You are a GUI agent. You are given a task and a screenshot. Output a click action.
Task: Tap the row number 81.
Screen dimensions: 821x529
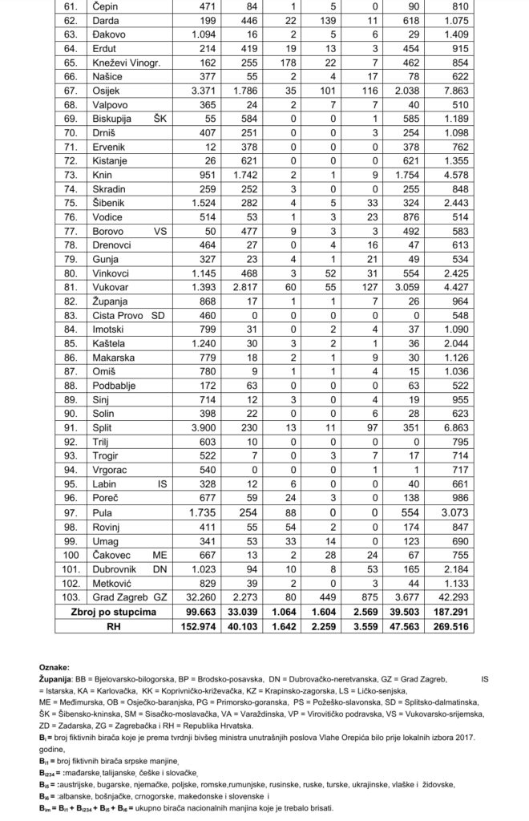click(x=68, y=286)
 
